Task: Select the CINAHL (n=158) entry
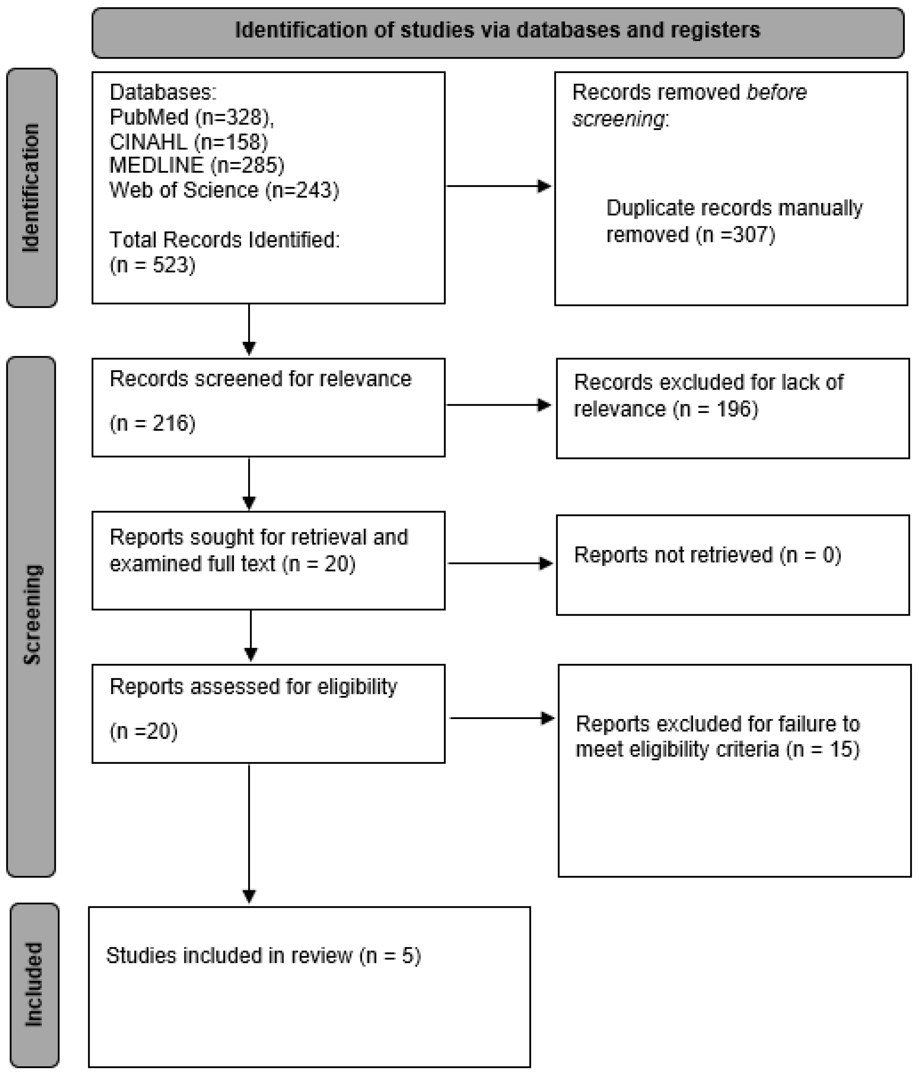point(189,142)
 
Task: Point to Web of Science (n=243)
point(224,190)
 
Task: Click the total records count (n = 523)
point(152,265)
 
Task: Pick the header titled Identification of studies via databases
point(497,30)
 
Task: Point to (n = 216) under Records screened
point(152,424)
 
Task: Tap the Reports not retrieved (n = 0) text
point(707,555)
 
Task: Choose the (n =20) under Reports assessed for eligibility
point(143,731)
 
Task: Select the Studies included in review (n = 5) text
point(263,955)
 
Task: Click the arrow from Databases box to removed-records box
point(497,186)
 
